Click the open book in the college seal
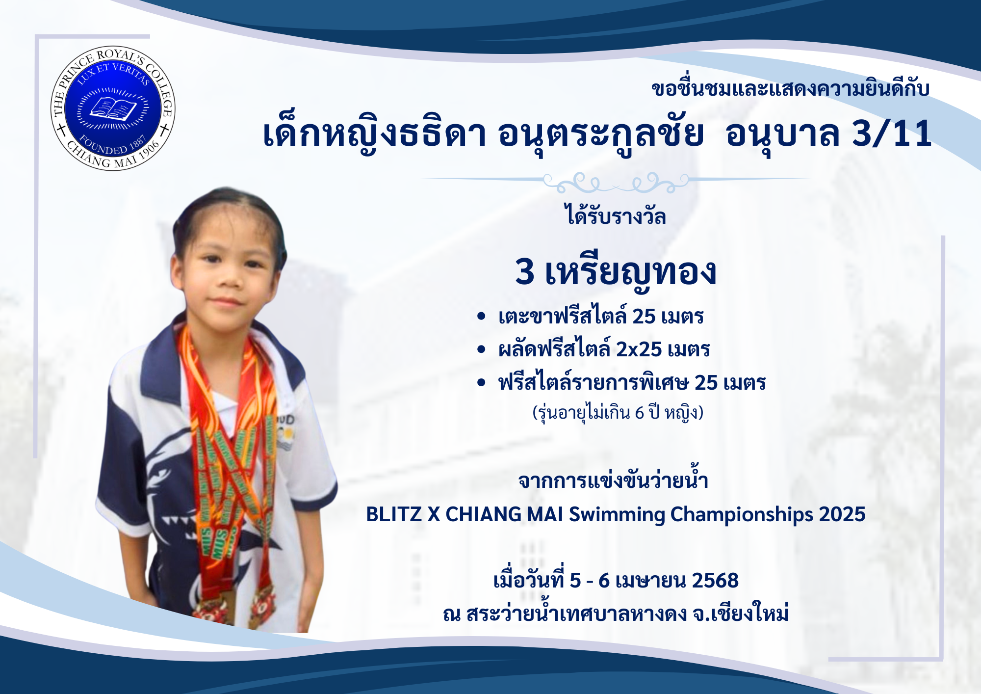113,108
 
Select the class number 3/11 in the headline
892,133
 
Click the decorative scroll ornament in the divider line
616,182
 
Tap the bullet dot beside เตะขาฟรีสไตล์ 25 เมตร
481,317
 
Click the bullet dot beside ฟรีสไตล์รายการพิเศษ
481,382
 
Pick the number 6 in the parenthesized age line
639,413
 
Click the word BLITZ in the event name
394,514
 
